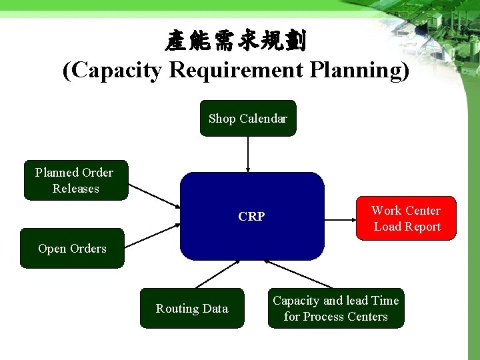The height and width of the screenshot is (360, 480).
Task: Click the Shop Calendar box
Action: coord(247,119)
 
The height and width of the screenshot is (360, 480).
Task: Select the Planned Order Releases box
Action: coord(75,180)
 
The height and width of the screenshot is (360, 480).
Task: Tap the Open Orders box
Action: coord(72,249)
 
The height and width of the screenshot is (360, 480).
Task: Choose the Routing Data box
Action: coord(192,308)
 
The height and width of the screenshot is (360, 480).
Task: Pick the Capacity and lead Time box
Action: coord(336,308)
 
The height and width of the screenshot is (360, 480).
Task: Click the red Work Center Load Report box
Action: coord(406,218)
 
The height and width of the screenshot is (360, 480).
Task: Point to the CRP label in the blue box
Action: coord(251,217)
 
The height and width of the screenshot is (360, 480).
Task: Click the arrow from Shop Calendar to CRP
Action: coord(248,153)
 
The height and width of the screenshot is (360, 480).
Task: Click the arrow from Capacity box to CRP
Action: coord(299,274)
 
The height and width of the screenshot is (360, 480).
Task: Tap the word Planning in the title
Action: coord(359,70)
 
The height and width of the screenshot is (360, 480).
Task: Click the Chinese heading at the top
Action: coord(236,41)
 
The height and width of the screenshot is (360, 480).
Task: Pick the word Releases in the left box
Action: coord(75,189)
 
